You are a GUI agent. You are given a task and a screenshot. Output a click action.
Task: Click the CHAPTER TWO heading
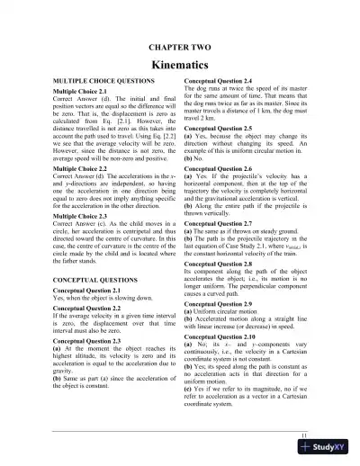180,45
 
